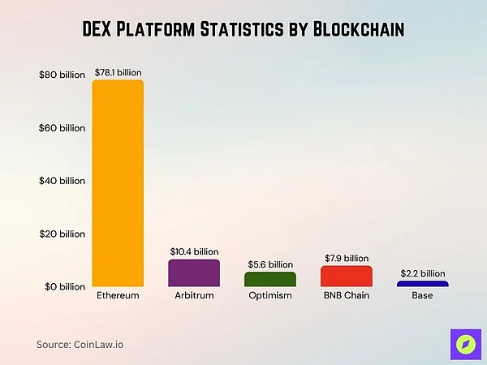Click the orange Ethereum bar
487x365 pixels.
[118, 183]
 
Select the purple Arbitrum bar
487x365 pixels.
[194, 273]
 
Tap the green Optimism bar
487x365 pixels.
[270, 279]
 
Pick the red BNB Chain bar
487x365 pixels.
[346, 276]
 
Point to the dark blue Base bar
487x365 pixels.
[422, 283]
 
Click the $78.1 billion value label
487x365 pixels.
[119, 72]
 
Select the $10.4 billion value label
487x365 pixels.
[194, 252]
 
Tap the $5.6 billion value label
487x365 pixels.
[270, 264]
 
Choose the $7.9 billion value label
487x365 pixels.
[346, 259]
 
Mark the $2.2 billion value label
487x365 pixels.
[422, 273]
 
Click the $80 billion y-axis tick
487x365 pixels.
[62, 75]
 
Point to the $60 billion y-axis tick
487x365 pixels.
[62, 128]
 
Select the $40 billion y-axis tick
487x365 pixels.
[62, 181]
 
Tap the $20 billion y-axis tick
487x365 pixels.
[62, 234]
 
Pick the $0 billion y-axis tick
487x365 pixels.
[62, 286]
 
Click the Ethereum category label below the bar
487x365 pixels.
[118, 296]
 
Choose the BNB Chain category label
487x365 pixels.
[346, 296]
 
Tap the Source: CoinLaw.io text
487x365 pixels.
[80, 344]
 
